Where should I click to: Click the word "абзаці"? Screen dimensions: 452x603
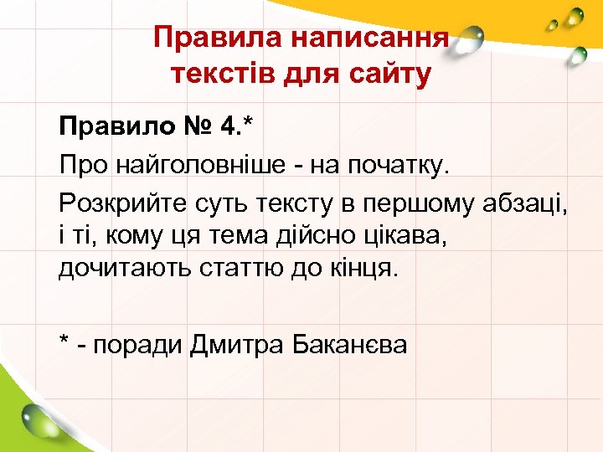tap(524, 201)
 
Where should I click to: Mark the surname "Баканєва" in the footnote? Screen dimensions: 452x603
tap(352, 344)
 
